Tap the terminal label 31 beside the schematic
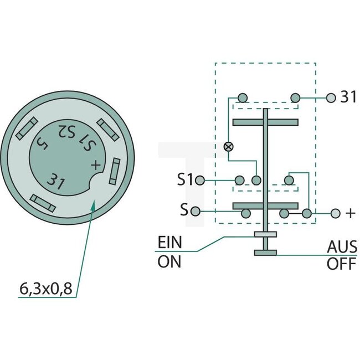click(348, 97)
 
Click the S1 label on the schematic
click(186, 180)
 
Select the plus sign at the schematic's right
click(349, 213)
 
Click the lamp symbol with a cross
click(228, 147)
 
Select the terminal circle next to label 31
click(331, 98)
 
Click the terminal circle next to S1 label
click(200, 180)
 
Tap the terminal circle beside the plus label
click(335, 213)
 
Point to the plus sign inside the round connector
click(96, 164)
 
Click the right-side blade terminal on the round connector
click(115, 171)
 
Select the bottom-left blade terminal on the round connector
click(43, 202)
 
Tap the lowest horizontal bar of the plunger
click(265, 253)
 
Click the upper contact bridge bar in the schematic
click(265, 121)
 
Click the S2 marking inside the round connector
click(67, 132)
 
